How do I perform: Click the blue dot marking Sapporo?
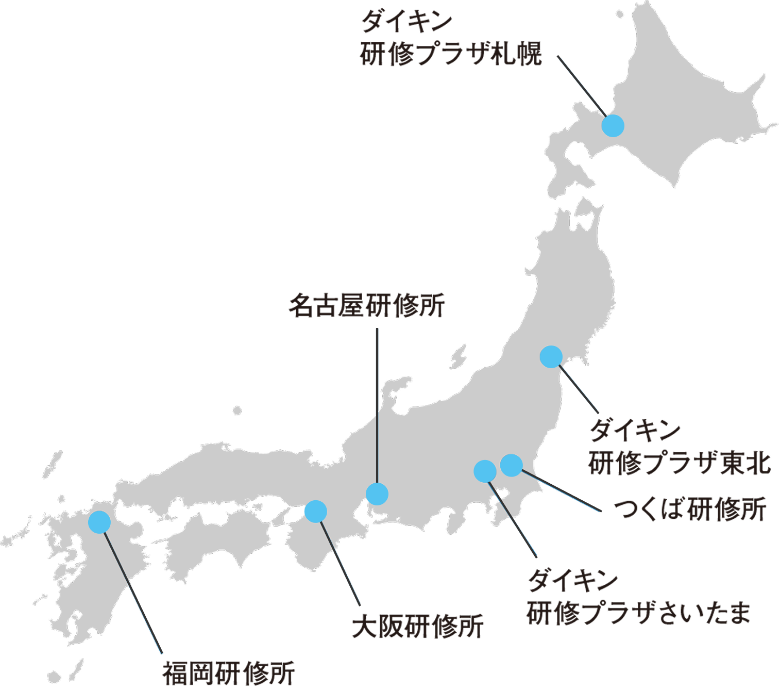tap(613, 126)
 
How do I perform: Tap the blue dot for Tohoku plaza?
tap(551, 356)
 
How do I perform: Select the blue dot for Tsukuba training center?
tap(512, 465)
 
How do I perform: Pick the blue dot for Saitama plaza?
tap(485, 471)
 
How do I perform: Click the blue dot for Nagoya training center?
tap(377, 494)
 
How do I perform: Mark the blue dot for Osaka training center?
tap(316, 512)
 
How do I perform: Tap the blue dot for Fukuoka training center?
tap(99, 522)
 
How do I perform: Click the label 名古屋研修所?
tap(367, 306)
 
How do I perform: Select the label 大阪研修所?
tap(418, 626)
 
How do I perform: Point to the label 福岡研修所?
tap(229, 673)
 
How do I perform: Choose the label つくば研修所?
tap(690, 509)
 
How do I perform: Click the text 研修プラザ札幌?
tap(451, 54)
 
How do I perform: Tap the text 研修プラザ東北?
tap(679, 463)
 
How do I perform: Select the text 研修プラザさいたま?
tap(638, 613)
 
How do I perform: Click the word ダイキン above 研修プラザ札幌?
tap(406, 22)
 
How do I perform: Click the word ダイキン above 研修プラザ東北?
tap(635, 431)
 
